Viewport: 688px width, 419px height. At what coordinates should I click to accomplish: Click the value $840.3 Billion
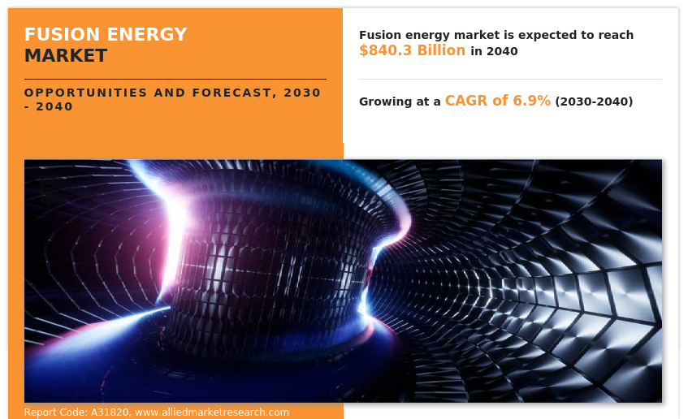[x=412, y=50]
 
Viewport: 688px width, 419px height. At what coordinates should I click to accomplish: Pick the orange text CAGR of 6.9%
[x=497, y=101]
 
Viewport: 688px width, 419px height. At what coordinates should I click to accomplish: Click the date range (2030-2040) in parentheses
[x=594, y=102]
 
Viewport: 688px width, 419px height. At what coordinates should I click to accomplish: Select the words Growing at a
[x=400, y=102]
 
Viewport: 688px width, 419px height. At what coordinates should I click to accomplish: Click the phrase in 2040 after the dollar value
[x=494, y=51]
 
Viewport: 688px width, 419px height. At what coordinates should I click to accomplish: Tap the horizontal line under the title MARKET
[x=175, y=79]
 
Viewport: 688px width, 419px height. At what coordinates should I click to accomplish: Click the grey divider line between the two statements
[x=510, y=79]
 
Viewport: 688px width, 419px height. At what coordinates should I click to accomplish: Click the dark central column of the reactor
[x=268, y=268]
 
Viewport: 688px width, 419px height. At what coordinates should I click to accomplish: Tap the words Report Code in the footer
[x=54, y=413]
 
